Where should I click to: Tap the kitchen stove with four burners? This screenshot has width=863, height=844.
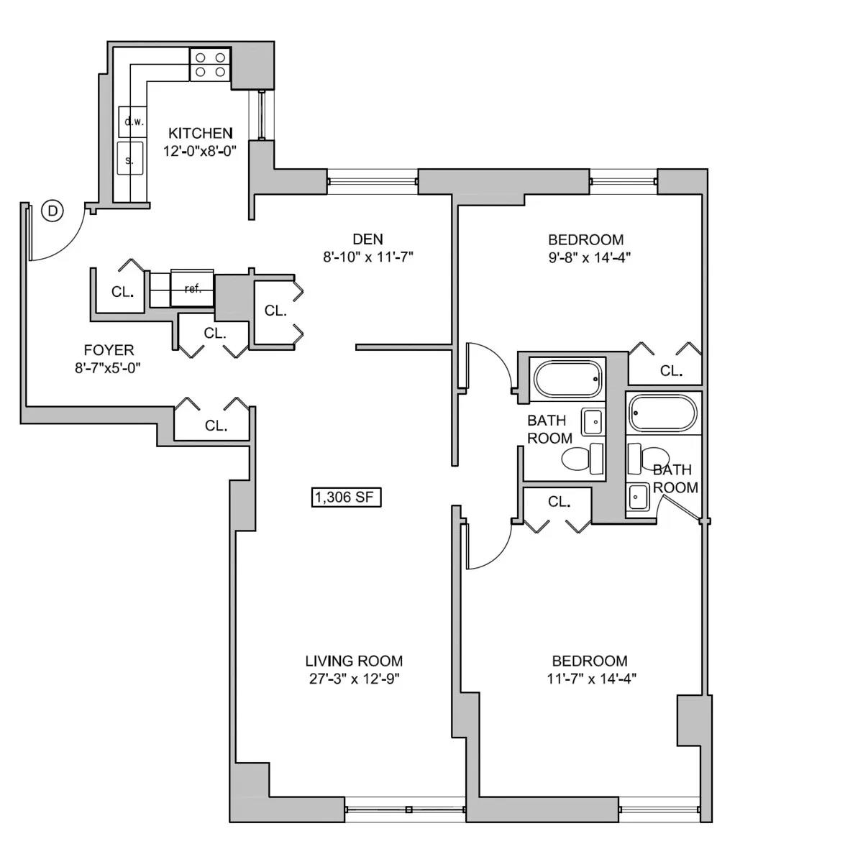click(x=210, y=65)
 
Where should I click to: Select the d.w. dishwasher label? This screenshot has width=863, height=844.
click(x=134, y=121)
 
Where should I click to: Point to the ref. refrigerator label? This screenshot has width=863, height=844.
click(x=192, y=289)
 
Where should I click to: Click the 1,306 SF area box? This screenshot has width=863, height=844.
click(x=346, y=497)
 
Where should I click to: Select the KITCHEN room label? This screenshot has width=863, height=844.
click(x=200, y=133)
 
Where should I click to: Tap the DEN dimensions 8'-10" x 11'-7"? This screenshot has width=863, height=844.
click(x=367, y=257)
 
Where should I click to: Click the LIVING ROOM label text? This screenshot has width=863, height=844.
click(x=354, y=661)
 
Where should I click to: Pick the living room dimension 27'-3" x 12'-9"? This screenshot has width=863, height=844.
click(x=354, y=679)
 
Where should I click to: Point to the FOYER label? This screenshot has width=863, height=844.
click(x=109, y=350)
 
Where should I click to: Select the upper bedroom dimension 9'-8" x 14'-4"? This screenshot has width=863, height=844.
click(x=585, y=257)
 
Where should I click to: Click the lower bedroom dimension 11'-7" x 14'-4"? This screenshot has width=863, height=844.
click(x=590, y=679)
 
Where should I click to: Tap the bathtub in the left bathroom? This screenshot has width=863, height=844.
click(x=567, y=378)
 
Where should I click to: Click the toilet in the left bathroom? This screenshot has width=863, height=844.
click(x=583, y=458)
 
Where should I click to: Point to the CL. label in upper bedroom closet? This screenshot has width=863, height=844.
click(x=671, y=371)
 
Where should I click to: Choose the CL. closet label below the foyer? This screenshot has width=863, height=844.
click(x=216, y=426)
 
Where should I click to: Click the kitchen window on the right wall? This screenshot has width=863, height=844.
click(x=262, y=116)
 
